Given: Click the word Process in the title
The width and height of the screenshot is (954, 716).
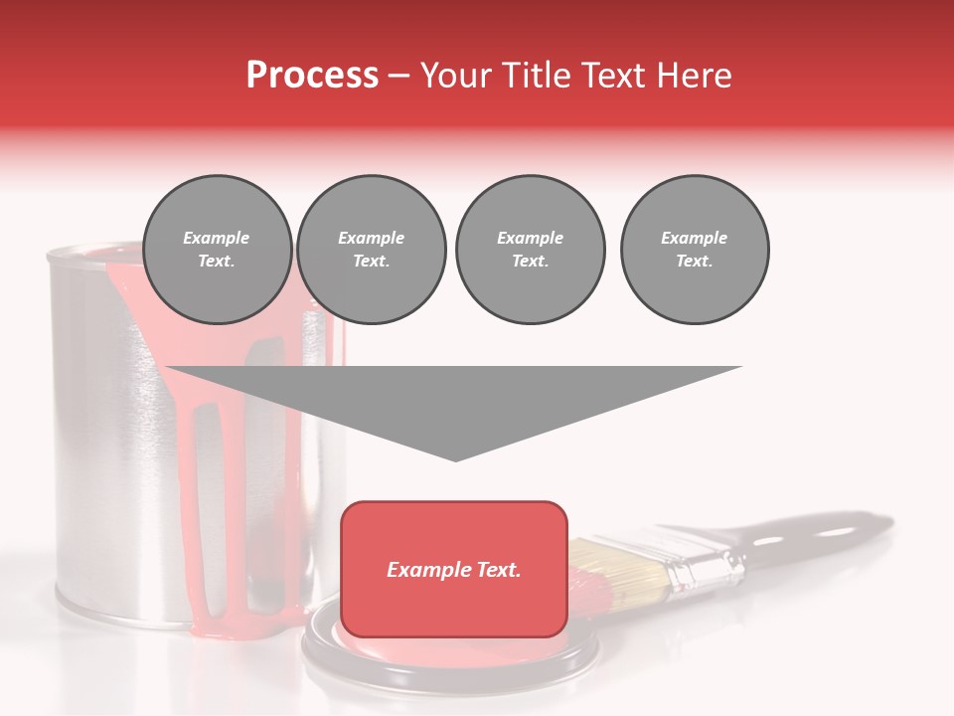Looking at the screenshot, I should click(312, 75).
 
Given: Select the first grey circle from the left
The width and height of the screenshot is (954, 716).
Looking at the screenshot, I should click(217, 250).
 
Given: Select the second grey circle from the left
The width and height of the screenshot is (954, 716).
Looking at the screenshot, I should click(372, 250).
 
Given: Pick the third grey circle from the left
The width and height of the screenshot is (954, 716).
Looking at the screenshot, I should click(530, 250).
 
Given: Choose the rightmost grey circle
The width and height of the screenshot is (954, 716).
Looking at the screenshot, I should click(695, 250).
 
